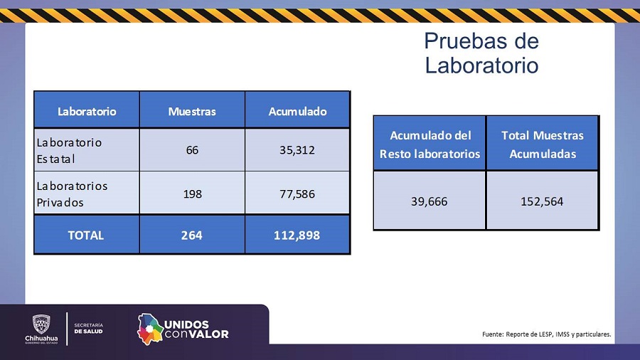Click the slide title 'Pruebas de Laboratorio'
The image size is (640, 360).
click(481, 53)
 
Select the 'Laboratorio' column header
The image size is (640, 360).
click(87, 111)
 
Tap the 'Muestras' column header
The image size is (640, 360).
click(192, 111)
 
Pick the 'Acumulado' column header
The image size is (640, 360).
click(297, 111)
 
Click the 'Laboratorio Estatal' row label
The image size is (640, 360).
click(69, 150)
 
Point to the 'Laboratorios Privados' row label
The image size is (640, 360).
click(72, 194)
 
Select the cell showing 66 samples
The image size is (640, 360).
click(192, 150)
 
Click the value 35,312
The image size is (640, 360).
click(297, 150)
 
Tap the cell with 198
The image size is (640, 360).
click(192, 194)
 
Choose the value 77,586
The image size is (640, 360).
click(297, 194)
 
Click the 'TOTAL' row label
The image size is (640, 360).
click(86, 235)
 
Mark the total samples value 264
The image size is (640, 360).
click(192, 235)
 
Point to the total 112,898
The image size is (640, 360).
click(297, 235)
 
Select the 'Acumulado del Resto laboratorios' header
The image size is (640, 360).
click(430, 144)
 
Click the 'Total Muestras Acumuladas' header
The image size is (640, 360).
click(543, 144)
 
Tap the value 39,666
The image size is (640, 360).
click(430, 201)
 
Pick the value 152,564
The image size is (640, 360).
click(543, 201)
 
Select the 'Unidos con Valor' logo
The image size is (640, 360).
click(183, 329)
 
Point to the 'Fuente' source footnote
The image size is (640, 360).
click(546, 334)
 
